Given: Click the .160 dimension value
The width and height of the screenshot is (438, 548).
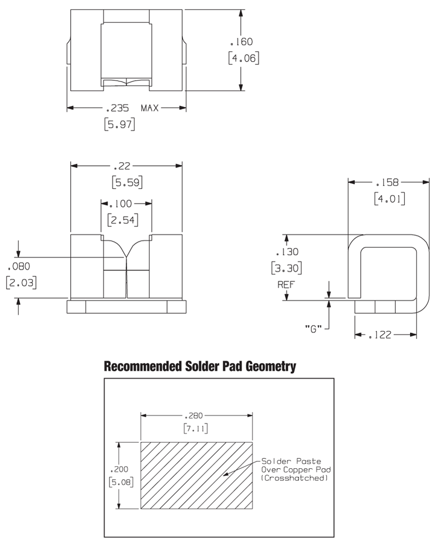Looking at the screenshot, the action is [241, 42].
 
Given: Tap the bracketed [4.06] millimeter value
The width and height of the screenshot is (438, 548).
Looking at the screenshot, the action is [244, 58].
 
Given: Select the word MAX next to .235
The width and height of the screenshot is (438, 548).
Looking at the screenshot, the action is [150, 108].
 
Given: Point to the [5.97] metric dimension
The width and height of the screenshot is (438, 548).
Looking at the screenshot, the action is [119, 124].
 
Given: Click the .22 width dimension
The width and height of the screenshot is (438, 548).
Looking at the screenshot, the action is [122, 166].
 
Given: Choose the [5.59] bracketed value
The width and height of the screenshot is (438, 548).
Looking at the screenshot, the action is [127, 182].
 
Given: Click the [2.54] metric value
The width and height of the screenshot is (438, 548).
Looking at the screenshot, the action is [123, 220].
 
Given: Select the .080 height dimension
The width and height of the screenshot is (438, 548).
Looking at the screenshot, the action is [19, 266].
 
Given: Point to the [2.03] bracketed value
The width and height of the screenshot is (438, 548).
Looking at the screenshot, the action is [21, 282].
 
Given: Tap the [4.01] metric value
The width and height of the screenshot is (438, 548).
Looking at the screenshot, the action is [389, 199].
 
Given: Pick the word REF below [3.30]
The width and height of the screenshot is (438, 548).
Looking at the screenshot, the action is [286, 285].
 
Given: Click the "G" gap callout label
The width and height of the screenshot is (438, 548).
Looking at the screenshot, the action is [313, 329].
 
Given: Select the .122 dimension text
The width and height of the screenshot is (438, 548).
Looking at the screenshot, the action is [380, 335].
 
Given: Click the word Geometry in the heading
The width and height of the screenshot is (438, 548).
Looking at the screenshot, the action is [271, 366].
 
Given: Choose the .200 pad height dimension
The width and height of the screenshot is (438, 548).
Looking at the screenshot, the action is [119, 469].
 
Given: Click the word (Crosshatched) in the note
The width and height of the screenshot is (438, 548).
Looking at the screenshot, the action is [294, 478].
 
